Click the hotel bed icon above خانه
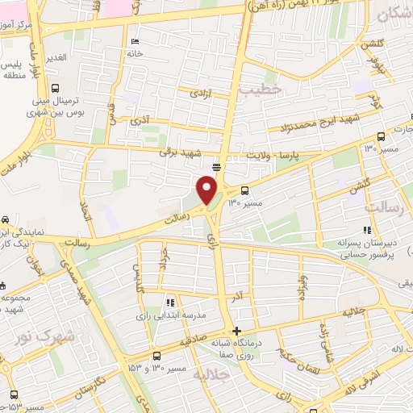click(134, 41)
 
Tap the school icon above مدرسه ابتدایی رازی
click(169, 302)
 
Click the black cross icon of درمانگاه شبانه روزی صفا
click(236, 331)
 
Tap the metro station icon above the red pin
click(216, 166)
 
